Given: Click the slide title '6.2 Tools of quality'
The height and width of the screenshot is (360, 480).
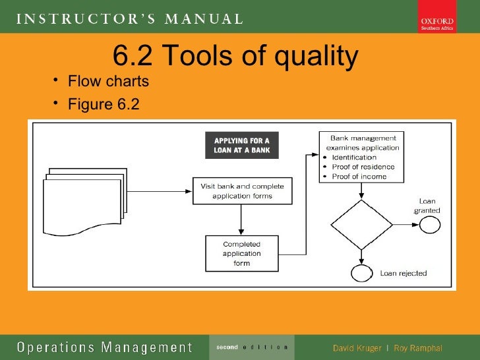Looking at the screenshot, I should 235,57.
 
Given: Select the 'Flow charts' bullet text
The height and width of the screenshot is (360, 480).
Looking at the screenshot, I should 108,82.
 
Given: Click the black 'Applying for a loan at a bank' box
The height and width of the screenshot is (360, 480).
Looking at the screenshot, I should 241,145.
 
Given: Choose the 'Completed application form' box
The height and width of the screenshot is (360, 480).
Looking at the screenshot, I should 241,253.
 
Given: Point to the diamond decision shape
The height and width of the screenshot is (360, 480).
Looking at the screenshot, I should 361,225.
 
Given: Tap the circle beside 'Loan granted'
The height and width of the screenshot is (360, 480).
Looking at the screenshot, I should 429,225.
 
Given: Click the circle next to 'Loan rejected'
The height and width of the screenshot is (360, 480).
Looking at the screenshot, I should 361,273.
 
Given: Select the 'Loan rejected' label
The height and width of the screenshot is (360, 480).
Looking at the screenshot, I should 403,273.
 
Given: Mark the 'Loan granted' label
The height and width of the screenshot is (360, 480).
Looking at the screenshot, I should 427,206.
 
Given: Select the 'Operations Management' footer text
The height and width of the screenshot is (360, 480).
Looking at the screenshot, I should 104,347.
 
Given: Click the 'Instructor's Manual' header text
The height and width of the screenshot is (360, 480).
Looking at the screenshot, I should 129,18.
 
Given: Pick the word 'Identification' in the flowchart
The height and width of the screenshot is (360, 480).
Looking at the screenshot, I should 354,158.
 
